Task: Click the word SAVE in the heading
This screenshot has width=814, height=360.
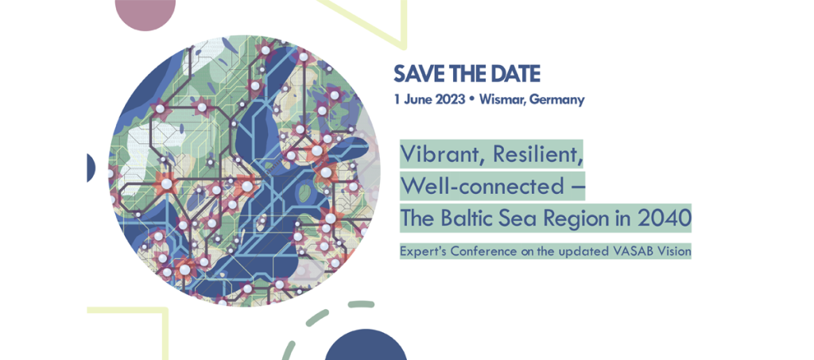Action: [418, 74]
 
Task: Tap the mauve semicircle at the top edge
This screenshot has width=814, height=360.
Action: [145, 12]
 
